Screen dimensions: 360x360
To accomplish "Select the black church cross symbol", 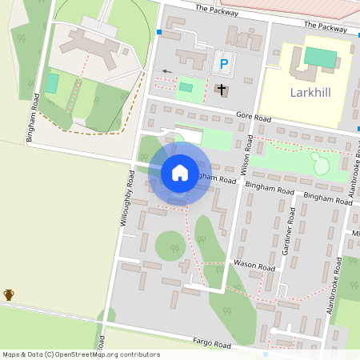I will point(221,90).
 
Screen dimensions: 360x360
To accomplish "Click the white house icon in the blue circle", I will point(180,173).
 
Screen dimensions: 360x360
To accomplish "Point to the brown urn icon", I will point(9,295).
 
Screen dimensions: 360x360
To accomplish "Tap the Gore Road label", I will point(254,118).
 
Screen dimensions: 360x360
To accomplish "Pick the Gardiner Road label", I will point(289,232).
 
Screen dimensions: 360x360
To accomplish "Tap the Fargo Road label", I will point(211,343).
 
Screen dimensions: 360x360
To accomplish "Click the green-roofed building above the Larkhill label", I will point(321,58).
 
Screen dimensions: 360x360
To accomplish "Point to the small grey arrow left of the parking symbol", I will point(166,71).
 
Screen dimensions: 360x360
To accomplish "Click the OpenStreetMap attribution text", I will point(81,354).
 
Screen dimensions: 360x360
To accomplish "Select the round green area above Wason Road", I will point(170,245).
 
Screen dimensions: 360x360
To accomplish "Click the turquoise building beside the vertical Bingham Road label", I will point(52,82).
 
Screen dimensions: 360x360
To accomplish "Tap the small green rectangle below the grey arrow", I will point(186,87).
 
